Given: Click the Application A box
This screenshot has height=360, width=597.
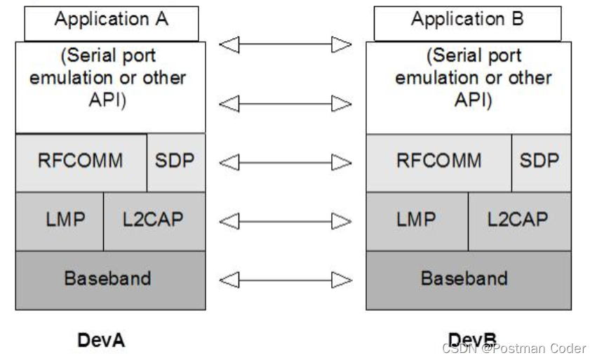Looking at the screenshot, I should click(111, 20).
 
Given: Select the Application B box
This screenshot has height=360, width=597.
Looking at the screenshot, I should click(467, 20).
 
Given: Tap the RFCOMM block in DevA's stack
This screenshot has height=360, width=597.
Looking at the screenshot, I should click(80, 162).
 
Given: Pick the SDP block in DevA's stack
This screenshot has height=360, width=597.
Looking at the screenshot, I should click(175, 162).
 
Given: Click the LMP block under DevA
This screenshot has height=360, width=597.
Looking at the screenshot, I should click(60, 220).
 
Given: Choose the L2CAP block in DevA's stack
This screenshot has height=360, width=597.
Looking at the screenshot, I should click(154, 220).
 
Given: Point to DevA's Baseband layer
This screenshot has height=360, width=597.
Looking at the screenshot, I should click(111, 279).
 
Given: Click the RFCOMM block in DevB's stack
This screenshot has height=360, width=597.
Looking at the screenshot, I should click(438, 162).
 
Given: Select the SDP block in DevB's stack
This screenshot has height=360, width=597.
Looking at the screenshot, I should click(539, 162).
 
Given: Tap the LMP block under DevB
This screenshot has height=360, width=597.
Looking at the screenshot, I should click(417, 220).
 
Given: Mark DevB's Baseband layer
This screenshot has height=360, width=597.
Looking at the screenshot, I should click(468, 279).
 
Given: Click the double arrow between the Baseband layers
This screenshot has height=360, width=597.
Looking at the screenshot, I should click(285, 281).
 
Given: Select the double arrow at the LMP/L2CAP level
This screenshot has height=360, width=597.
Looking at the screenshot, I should click(285, 222).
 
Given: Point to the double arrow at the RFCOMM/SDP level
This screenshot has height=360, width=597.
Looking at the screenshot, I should click(285, 163).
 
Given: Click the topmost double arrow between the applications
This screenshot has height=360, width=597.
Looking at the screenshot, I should click(285, 46).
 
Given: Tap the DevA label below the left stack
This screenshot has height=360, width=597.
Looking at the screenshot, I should click(101, 341).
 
